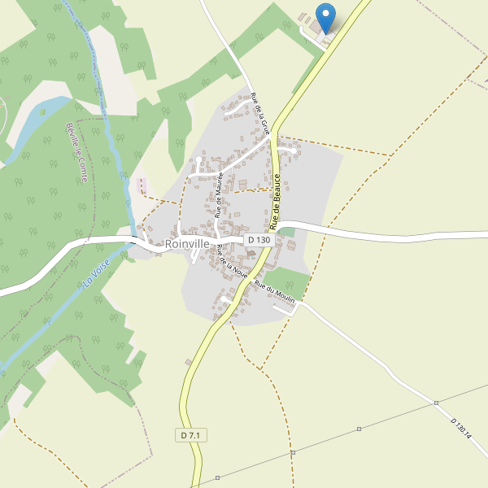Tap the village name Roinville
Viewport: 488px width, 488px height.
pyautogui.click(x=187, y=243)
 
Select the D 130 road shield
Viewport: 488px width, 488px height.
pyautogui.click(x=258, y=239)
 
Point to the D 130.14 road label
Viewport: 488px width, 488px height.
pyautogui.click(x=461, y=428)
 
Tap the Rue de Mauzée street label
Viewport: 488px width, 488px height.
pyautogui.click(x=220, y=194)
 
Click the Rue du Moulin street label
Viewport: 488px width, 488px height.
pyautogui.click(x=274, y=292)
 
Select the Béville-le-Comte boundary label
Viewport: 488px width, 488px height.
pyautogui.click(x=79, y=152)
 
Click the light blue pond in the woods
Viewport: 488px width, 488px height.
pyautogui.click(x=41, y=122)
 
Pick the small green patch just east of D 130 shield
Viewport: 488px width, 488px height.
pyautogui.click(x=285, y=233)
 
